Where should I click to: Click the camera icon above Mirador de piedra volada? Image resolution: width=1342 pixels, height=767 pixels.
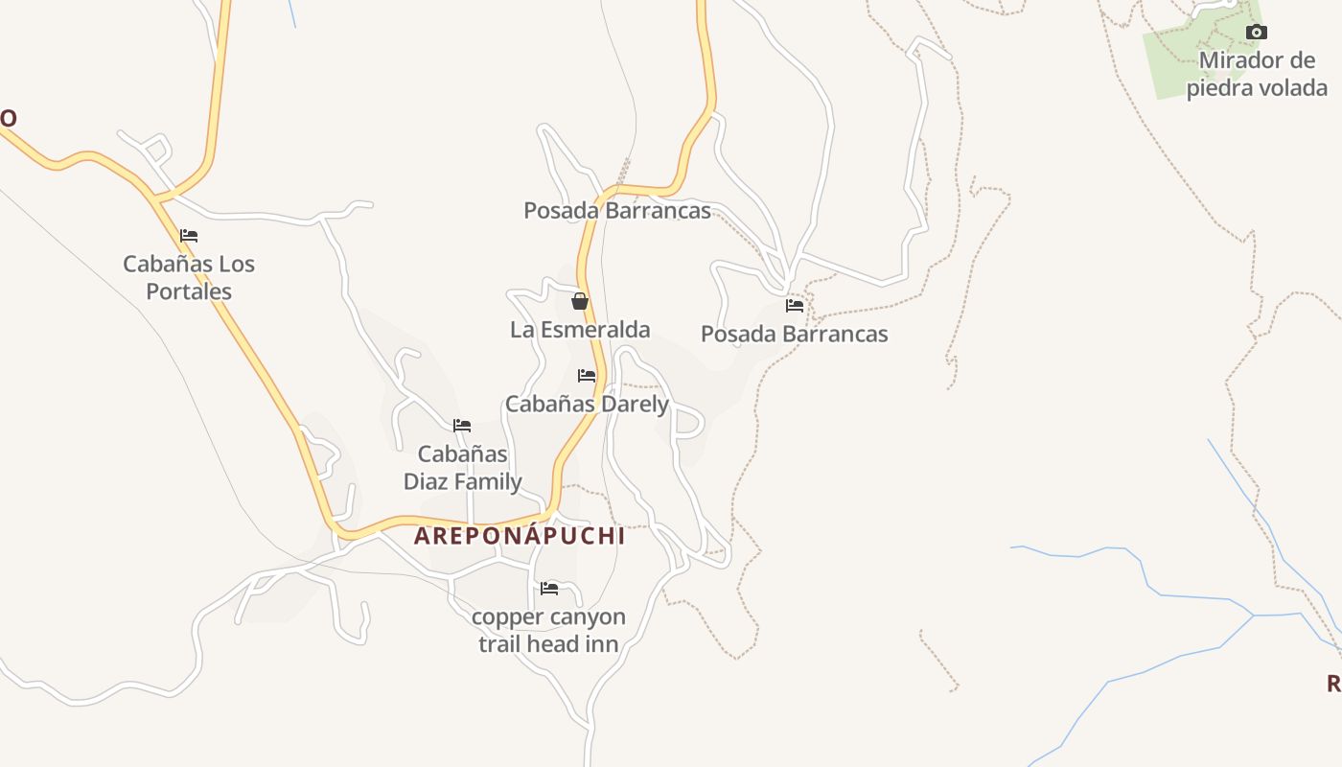pos(1256,33)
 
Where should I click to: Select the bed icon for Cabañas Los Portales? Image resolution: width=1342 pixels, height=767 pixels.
pos(189,236)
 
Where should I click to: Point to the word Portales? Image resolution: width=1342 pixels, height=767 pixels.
pos(189,291)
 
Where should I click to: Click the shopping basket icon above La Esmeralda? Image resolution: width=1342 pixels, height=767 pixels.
pos(579,302)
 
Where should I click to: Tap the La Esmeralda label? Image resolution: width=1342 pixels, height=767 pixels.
pos(580,330)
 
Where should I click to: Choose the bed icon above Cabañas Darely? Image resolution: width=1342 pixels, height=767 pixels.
pos(587,376)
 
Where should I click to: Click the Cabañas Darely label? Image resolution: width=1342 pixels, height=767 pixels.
pos(587,405)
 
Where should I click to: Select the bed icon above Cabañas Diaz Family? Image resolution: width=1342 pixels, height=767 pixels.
pos(462,426)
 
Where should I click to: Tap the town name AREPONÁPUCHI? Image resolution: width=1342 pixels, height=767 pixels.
pos(520,536)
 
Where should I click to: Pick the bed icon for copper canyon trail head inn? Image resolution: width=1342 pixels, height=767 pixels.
pos(549,588)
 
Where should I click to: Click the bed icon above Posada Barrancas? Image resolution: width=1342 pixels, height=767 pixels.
pos(795,306)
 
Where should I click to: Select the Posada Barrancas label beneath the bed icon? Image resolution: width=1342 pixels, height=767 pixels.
pos(795,335)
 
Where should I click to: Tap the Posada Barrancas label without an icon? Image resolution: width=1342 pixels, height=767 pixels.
pos(617,211)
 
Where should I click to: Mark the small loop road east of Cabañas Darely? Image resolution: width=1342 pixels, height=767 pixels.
pos(689,422)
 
